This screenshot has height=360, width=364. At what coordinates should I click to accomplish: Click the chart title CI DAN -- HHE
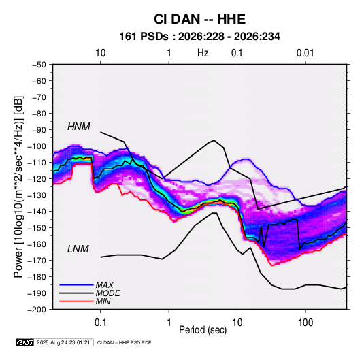point(199,19)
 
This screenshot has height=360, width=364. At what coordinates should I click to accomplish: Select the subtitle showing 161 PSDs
point(199,37)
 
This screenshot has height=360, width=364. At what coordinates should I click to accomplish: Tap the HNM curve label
point(79,127)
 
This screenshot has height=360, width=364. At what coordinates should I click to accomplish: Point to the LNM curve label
point(78,249)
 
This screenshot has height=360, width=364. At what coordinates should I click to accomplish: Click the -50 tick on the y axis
point(39,65)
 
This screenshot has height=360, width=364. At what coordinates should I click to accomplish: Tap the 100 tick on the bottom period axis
point(305,323)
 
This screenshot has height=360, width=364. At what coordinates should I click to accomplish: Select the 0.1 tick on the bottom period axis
point(100,323)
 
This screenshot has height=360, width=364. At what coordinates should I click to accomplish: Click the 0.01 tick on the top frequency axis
point(305,53)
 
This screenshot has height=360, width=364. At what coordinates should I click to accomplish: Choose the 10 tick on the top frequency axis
point(101,53)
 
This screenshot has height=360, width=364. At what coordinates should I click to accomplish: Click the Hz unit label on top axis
point(203,53)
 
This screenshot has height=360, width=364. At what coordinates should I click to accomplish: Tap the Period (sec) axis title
point(203,330)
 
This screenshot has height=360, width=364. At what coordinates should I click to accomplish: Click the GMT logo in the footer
point(25,342)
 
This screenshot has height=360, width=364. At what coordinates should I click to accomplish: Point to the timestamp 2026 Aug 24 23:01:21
point(63,342)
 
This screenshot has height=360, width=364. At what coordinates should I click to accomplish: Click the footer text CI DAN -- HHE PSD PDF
point(125,342)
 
